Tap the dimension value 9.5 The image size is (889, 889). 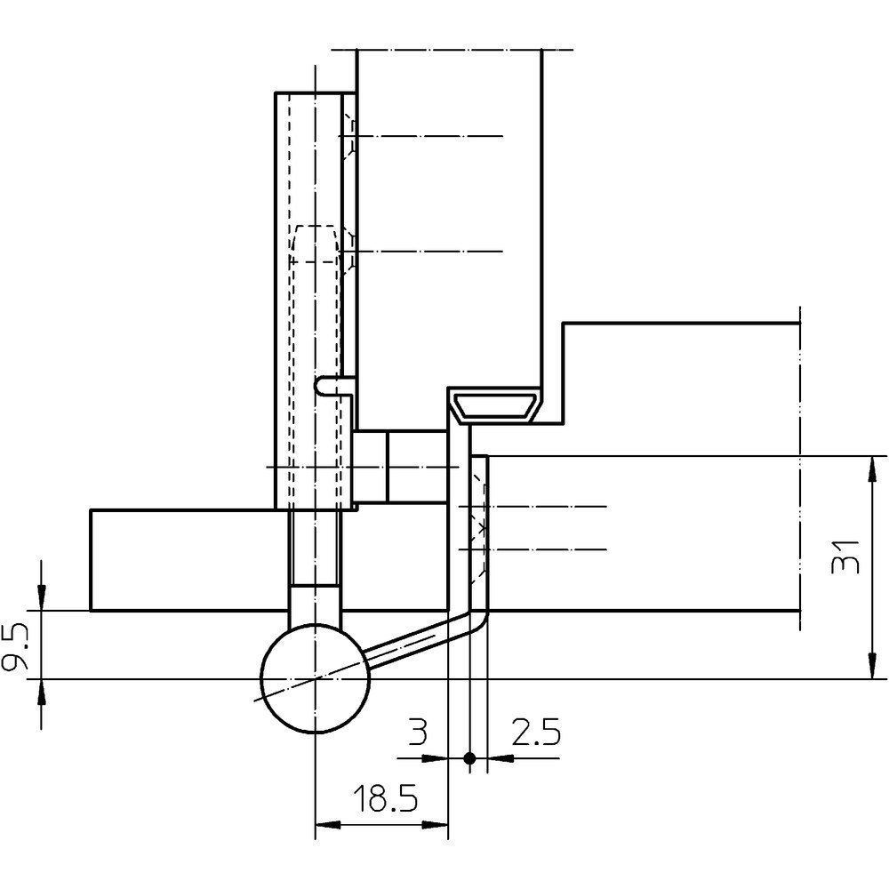pos(15,646)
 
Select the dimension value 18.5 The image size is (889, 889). pos(386,798)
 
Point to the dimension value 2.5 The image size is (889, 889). pos(536,732)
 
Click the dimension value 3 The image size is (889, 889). pos(417,732)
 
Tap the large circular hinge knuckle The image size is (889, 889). pos(315,678)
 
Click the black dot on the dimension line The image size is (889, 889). pos(469,757)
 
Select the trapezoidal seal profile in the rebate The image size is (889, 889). pos(495,406)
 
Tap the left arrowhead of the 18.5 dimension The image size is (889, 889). pos(328,824)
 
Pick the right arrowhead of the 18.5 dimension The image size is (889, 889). pos(436,824)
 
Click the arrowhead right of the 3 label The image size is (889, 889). pos(436,757)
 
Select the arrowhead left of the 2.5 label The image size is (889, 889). pos(500,757)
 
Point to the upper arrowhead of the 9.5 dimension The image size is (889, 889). pos(41,598)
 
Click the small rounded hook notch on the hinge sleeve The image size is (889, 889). pos(321,386)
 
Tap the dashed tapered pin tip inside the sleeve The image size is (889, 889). pos(315,244)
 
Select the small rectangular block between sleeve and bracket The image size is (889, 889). pos(402,467)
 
